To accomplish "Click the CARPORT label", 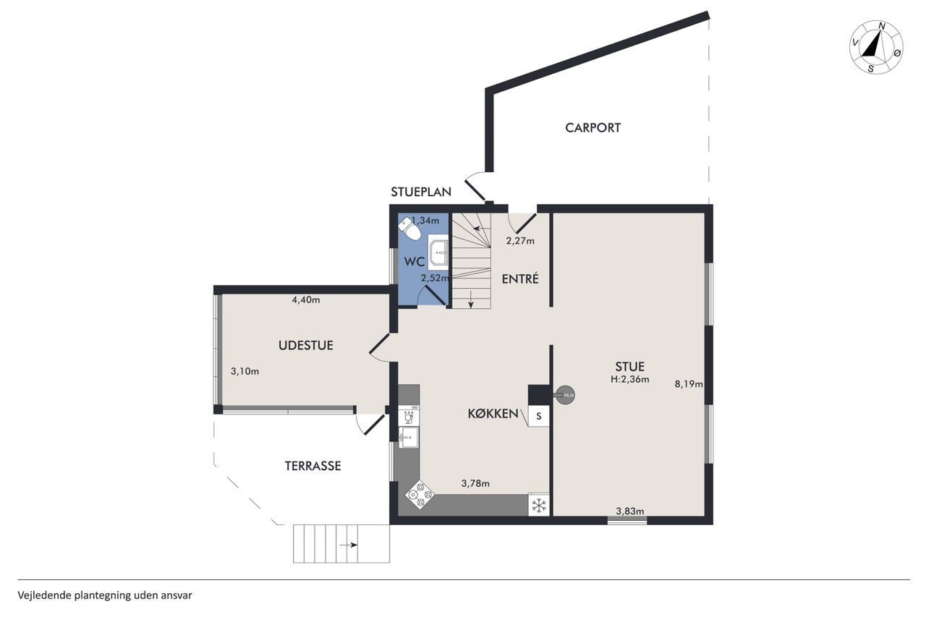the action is pos(592,128).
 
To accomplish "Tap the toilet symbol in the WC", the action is pos(409,229).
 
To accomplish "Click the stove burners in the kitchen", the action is pos(420,494).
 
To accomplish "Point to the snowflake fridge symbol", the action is pos(539,505).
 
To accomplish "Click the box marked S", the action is pos(539,417).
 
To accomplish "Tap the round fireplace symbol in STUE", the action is pos(565,395).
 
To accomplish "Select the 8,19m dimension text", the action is pos(689,384).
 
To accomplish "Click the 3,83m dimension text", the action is pos(630,511).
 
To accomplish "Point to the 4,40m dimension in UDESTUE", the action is pos(306,300).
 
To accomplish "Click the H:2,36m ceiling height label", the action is pos(630,379).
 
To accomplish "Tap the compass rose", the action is pos(876,48).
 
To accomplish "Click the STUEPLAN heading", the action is pos(421,192).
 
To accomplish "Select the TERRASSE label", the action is pos(313,466).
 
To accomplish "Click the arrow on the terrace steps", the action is pos(349,545).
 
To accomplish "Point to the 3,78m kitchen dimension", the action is pos(475,483).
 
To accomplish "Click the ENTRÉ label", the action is pos(520,279).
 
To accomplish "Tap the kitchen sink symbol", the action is pos(409,437).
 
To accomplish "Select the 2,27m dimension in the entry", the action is pos(520,241).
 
